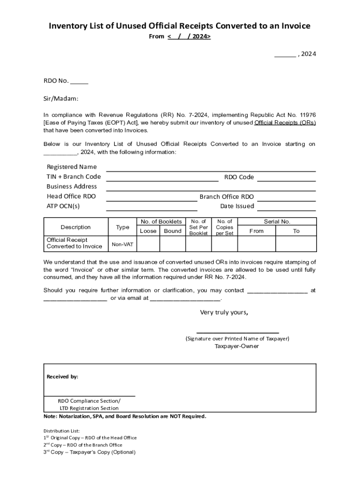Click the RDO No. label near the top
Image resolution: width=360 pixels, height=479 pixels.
click(x=56, y=81)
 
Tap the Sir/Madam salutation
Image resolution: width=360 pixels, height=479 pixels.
click(x=61, y=99)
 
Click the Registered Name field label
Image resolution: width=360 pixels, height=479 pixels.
click(x=72, y=167)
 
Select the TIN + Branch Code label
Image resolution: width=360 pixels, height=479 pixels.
click(x=73, y=177)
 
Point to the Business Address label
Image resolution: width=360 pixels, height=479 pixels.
click(x=72, y=187)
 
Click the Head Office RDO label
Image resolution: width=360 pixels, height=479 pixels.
click(x=71, y=196)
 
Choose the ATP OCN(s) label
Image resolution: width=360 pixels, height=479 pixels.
click(x=63, y=206)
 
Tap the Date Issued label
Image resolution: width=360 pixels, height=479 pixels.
click(x=237, y=206)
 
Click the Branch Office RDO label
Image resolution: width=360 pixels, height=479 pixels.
click(x=227, y=197)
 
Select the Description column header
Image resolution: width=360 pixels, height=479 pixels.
click(x=76, y=227)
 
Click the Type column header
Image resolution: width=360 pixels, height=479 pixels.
click(x=122, y=227)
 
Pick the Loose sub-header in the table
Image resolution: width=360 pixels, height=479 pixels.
click(x=148, y=231)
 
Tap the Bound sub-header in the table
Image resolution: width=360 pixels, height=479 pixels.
click(x=173, y=231)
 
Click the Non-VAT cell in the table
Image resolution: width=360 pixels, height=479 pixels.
click(x=122, y=244)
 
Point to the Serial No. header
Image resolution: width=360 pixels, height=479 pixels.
click(x=277, y=222)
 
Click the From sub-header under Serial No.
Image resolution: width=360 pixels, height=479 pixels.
click(x=257, y=231)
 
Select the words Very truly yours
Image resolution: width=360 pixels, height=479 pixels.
click(x=224, y=312)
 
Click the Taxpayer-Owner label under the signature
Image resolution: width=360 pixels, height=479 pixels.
click(x=237, y=347)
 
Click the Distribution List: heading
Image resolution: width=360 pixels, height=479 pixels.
click(x=62, y=430)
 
